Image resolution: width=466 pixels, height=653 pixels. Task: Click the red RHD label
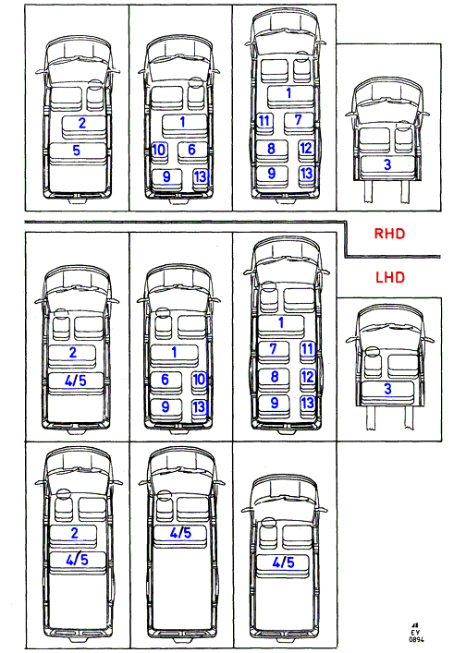pyautogui.click(x=389, y=234)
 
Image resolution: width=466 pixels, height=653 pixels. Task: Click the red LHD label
pyautogui.click(x=390, y=277)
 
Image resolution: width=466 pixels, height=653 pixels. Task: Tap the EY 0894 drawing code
pyautogui.click(x=415, y=634)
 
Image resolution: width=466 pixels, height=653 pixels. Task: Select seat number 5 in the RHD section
pyautogui.click(x=76, y=151)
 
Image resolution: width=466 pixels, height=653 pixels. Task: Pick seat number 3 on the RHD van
pyautogui.click(x=387, y=164)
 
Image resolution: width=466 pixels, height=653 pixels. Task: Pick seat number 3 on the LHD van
pyautogui.click(x=387, y=389)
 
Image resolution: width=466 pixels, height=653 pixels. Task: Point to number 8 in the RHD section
pyautogui.click(x=271, y=149)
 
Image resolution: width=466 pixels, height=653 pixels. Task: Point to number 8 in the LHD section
pyautogui.click(x=275, y=377)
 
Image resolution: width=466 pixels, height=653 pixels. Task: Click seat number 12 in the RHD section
pyautogui.click(x=306, y=148)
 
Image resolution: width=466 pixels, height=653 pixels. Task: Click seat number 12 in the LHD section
pyautogui.click(x=308, y=377)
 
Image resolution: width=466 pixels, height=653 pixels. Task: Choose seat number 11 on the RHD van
pyautogui.click(x=264, y=121)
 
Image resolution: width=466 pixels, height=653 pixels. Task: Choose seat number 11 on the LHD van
pyautogui.click(x=308, y=348)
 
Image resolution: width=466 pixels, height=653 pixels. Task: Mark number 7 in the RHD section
pyautogui.click(x=298, y=119)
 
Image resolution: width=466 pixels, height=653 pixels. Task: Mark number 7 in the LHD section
pyautogui.click(x=273, y=348)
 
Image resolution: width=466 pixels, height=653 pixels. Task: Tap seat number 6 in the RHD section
pyautogui.click(x=191, y=149)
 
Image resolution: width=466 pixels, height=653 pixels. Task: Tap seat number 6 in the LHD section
pyautogui.click(x=166, y=379)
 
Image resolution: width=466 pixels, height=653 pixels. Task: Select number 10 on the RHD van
pyautogui.click(x=159, y=150)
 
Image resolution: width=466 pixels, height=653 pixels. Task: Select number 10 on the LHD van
pyautogui.click(x=199, y=379)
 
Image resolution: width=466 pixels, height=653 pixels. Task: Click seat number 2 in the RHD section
pyautogui.click(x=82, y=123)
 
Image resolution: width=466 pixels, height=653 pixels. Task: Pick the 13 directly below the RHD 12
pyautogui.click(x=306, y=174)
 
